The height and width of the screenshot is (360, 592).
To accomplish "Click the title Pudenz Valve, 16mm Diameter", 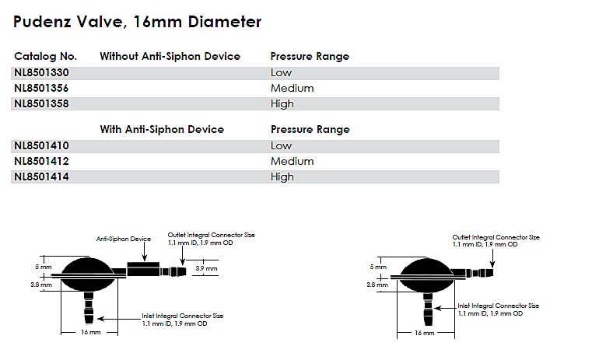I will (138, 22).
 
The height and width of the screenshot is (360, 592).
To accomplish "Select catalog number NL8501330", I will (44, 73).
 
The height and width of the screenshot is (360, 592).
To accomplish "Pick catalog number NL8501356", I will (44, 89).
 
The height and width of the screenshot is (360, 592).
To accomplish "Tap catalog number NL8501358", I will (44, 104).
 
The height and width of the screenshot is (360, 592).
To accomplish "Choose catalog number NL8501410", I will (44, 146).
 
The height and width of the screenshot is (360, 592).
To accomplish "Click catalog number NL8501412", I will (44, 162).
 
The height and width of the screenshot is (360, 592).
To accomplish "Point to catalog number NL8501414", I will (44, 177).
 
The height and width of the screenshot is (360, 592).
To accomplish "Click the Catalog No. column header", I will (45, 57).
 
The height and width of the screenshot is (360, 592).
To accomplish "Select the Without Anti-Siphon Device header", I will (170, 57).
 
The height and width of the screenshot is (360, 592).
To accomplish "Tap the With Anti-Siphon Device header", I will (162, 130).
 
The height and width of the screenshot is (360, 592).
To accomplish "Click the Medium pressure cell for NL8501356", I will (292, 89).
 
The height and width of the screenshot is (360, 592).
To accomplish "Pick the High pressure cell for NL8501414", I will (282, 177).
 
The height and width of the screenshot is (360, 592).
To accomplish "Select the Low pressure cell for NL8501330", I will (281, 73).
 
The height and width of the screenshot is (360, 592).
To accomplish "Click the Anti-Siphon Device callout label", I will (123, 239).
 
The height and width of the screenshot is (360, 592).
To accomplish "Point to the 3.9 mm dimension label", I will (206, 268).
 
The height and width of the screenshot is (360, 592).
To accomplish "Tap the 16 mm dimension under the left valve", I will (90, 333).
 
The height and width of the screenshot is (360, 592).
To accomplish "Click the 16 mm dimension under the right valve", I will (424, 333).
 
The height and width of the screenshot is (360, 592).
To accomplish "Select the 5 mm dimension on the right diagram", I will (377, 267).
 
